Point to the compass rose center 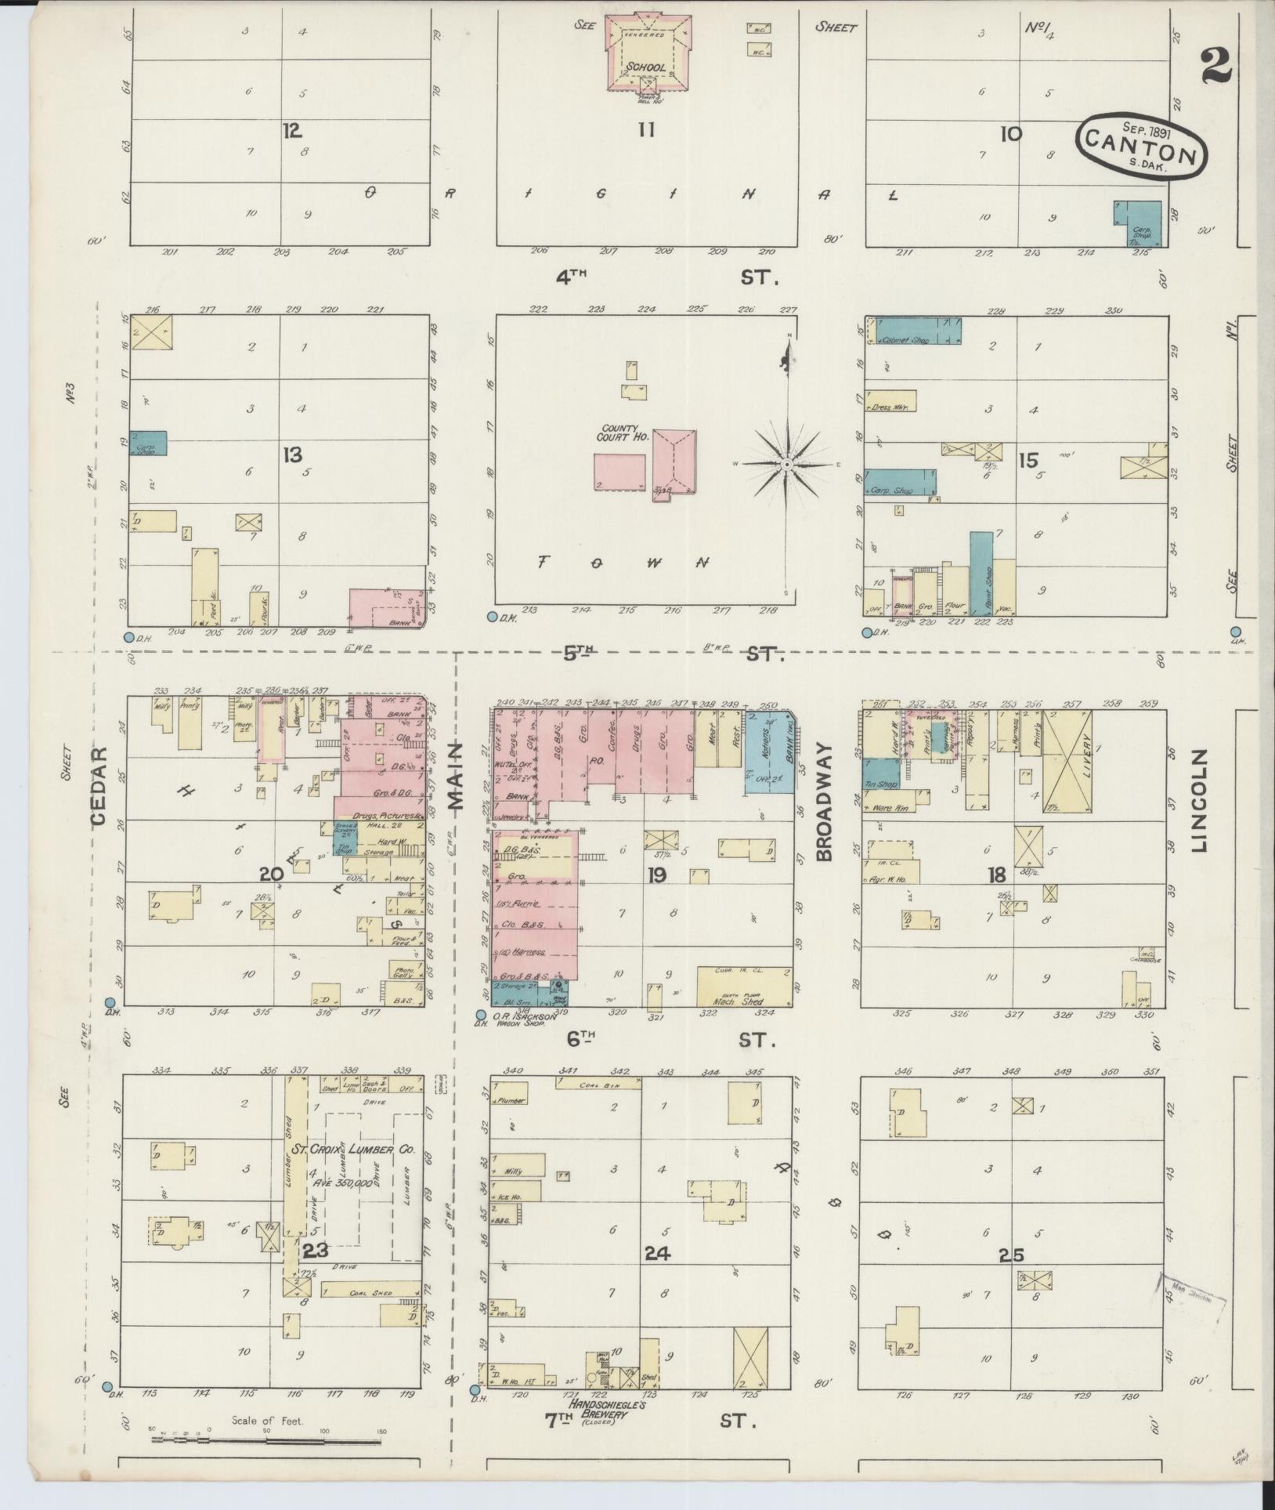(x=787, y=465)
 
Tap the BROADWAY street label (x=824, y=802)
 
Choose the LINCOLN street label (x=1198, y=800)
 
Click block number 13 (x=292, y=454)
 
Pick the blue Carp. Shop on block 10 (x=1137, y=224)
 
